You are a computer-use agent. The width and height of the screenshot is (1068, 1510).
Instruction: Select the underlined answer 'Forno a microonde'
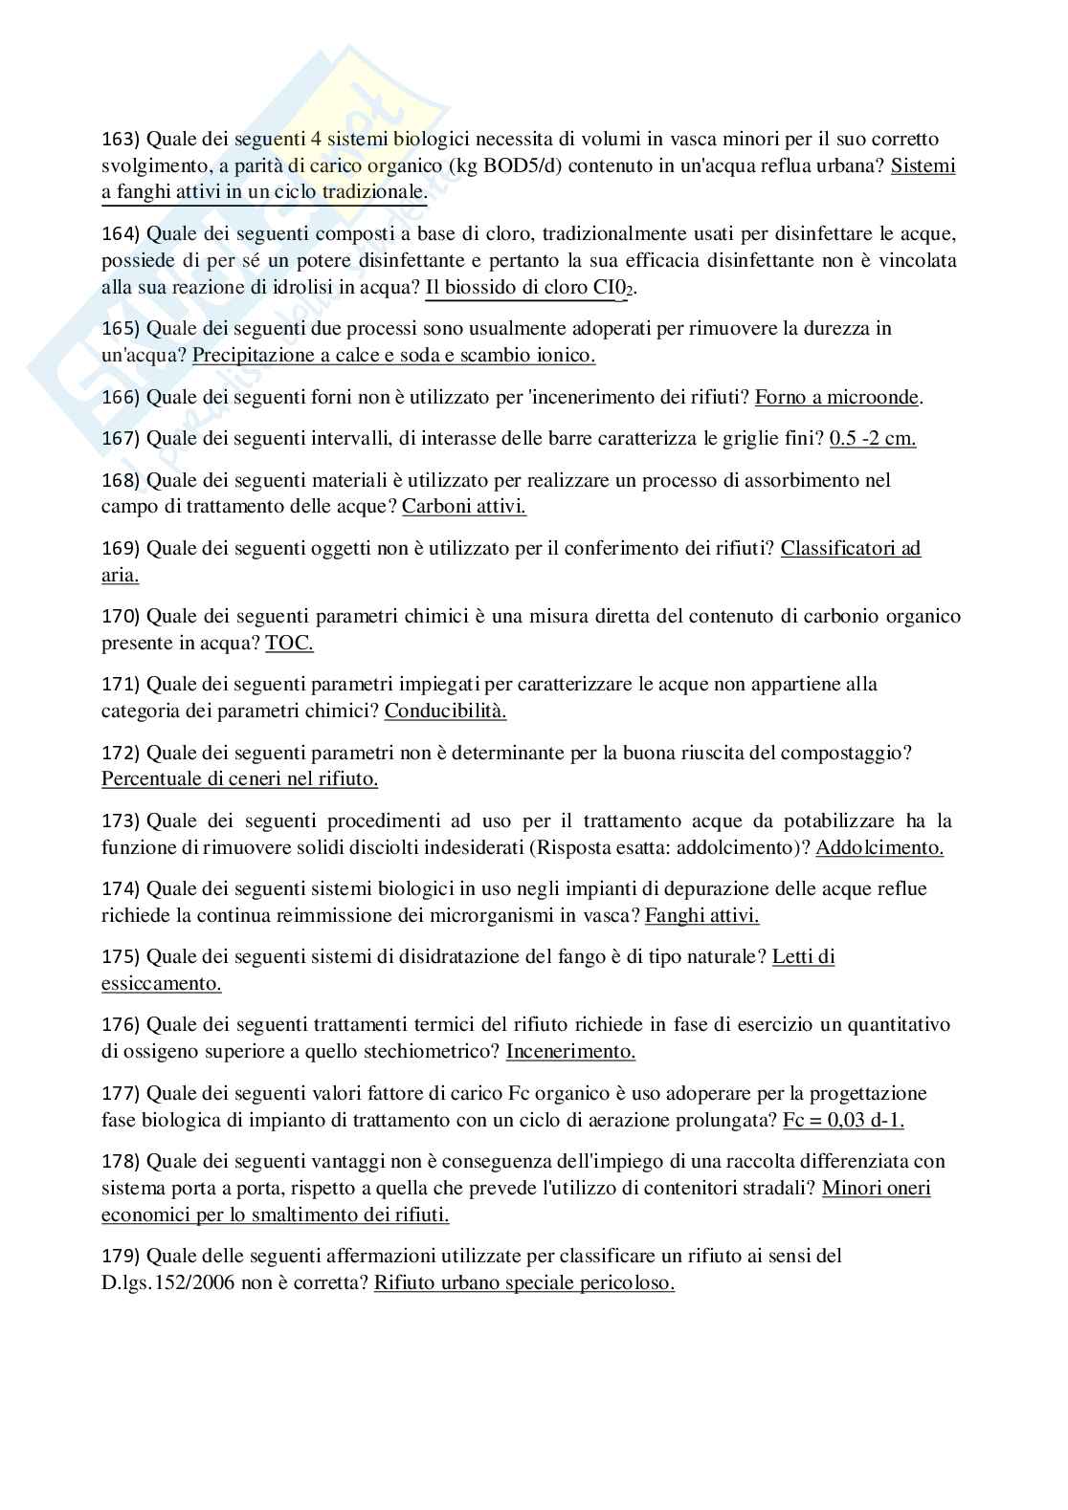[838, 397]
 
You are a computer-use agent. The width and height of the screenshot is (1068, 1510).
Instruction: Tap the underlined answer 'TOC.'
[289, 643]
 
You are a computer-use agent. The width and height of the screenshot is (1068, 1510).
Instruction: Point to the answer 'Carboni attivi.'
[463, 506]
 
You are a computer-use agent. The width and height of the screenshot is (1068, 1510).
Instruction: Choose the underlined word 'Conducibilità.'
[445, 711]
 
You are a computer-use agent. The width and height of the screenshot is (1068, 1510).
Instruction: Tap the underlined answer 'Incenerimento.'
[570, 1051]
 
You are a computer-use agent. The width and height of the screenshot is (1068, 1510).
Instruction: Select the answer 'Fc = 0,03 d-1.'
[843, 1120]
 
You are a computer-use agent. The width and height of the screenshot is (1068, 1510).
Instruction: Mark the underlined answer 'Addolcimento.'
[879, 847]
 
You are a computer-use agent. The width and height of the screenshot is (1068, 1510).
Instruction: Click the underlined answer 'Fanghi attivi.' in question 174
[701, 915]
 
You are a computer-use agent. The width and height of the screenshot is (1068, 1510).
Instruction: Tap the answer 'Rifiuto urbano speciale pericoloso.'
[524, 1282]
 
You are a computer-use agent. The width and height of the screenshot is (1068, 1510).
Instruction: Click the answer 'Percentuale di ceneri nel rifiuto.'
[239, 778]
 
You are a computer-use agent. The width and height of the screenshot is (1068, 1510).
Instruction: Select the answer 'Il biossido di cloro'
[506, 287]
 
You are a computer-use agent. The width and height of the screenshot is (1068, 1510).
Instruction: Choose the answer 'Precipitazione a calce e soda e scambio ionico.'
[393, 356]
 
